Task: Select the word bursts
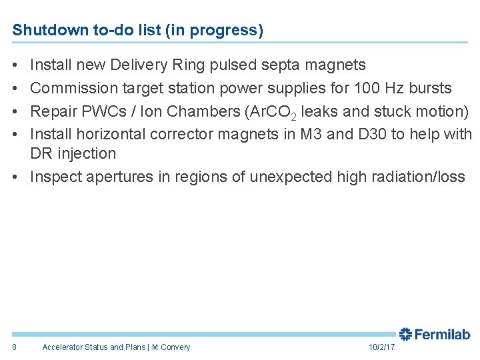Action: pos(430,88)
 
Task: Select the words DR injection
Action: pos(73,154)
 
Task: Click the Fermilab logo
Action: pos(435,335)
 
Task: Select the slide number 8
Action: pos(15,347)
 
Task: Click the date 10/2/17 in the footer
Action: pos(381,347)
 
